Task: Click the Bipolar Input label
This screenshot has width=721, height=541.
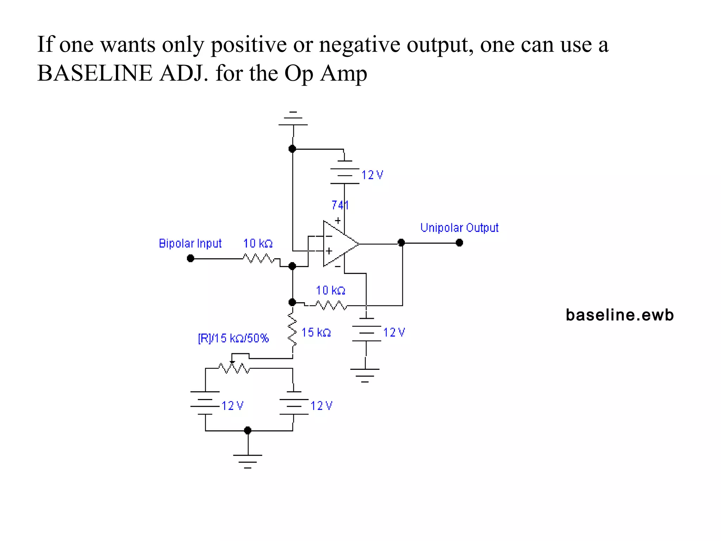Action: pyautogui.click(x=190, y=243)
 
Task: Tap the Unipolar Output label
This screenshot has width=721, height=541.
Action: pyautogui.click(x=459, y=228)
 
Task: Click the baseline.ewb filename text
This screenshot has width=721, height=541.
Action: pyautogui.click(x=620, y=315)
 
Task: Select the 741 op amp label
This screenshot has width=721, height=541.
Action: pyautogui.click(x=340, y=205)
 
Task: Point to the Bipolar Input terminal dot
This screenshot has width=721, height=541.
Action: pyautogui.click(x=190, y=259)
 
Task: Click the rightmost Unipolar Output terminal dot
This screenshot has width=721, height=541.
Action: pyautogui.click(x=459, y=243)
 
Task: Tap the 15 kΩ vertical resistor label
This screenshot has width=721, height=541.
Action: pyautogui.click(x=316, y=332)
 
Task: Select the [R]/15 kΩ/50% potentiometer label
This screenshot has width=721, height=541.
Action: pyautogui.click(x=233, y=338)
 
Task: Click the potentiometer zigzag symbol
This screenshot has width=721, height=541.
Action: pyautogui.click(x=234, y=368)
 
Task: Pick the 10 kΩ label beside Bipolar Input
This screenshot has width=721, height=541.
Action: pyautogui.click(x=258, y=243)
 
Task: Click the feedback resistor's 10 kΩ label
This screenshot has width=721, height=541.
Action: pyautogui.click(x=330, y=290)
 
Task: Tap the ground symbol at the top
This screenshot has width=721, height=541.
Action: pyautogui.click(x=293, y=119)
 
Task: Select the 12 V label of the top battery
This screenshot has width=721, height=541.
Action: pyautogui.click(x=372, y=175)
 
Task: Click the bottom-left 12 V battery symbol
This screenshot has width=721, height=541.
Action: pyautogui.click(x=205, y=403)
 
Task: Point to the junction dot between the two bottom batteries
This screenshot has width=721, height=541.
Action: pyautogui.click(x=247, y=430)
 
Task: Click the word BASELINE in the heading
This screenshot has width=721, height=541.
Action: pyautogui.click(x=95, y=73)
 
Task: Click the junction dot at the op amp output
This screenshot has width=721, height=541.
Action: pyautogui.click(x=401, y=243)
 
